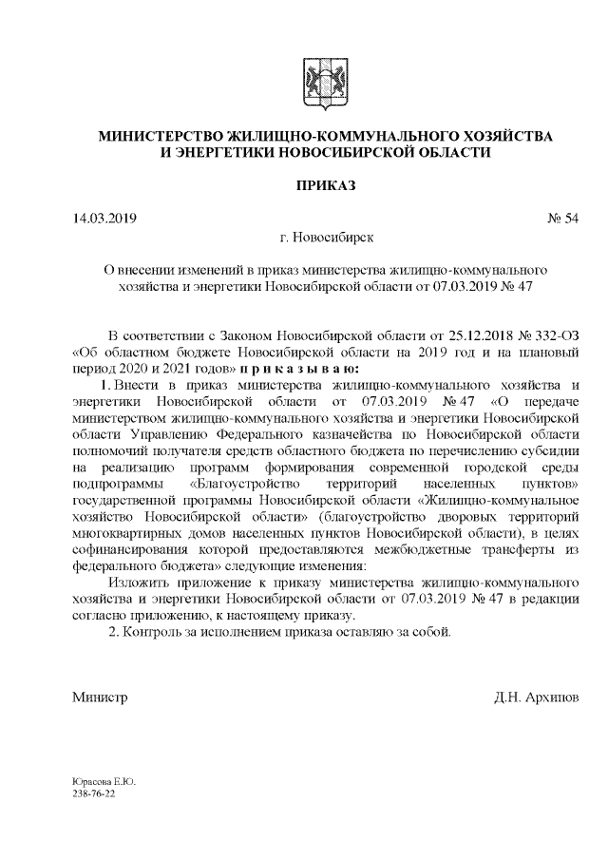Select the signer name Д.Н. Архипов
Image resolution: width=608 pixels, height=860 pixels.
[x=534, y=698]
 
